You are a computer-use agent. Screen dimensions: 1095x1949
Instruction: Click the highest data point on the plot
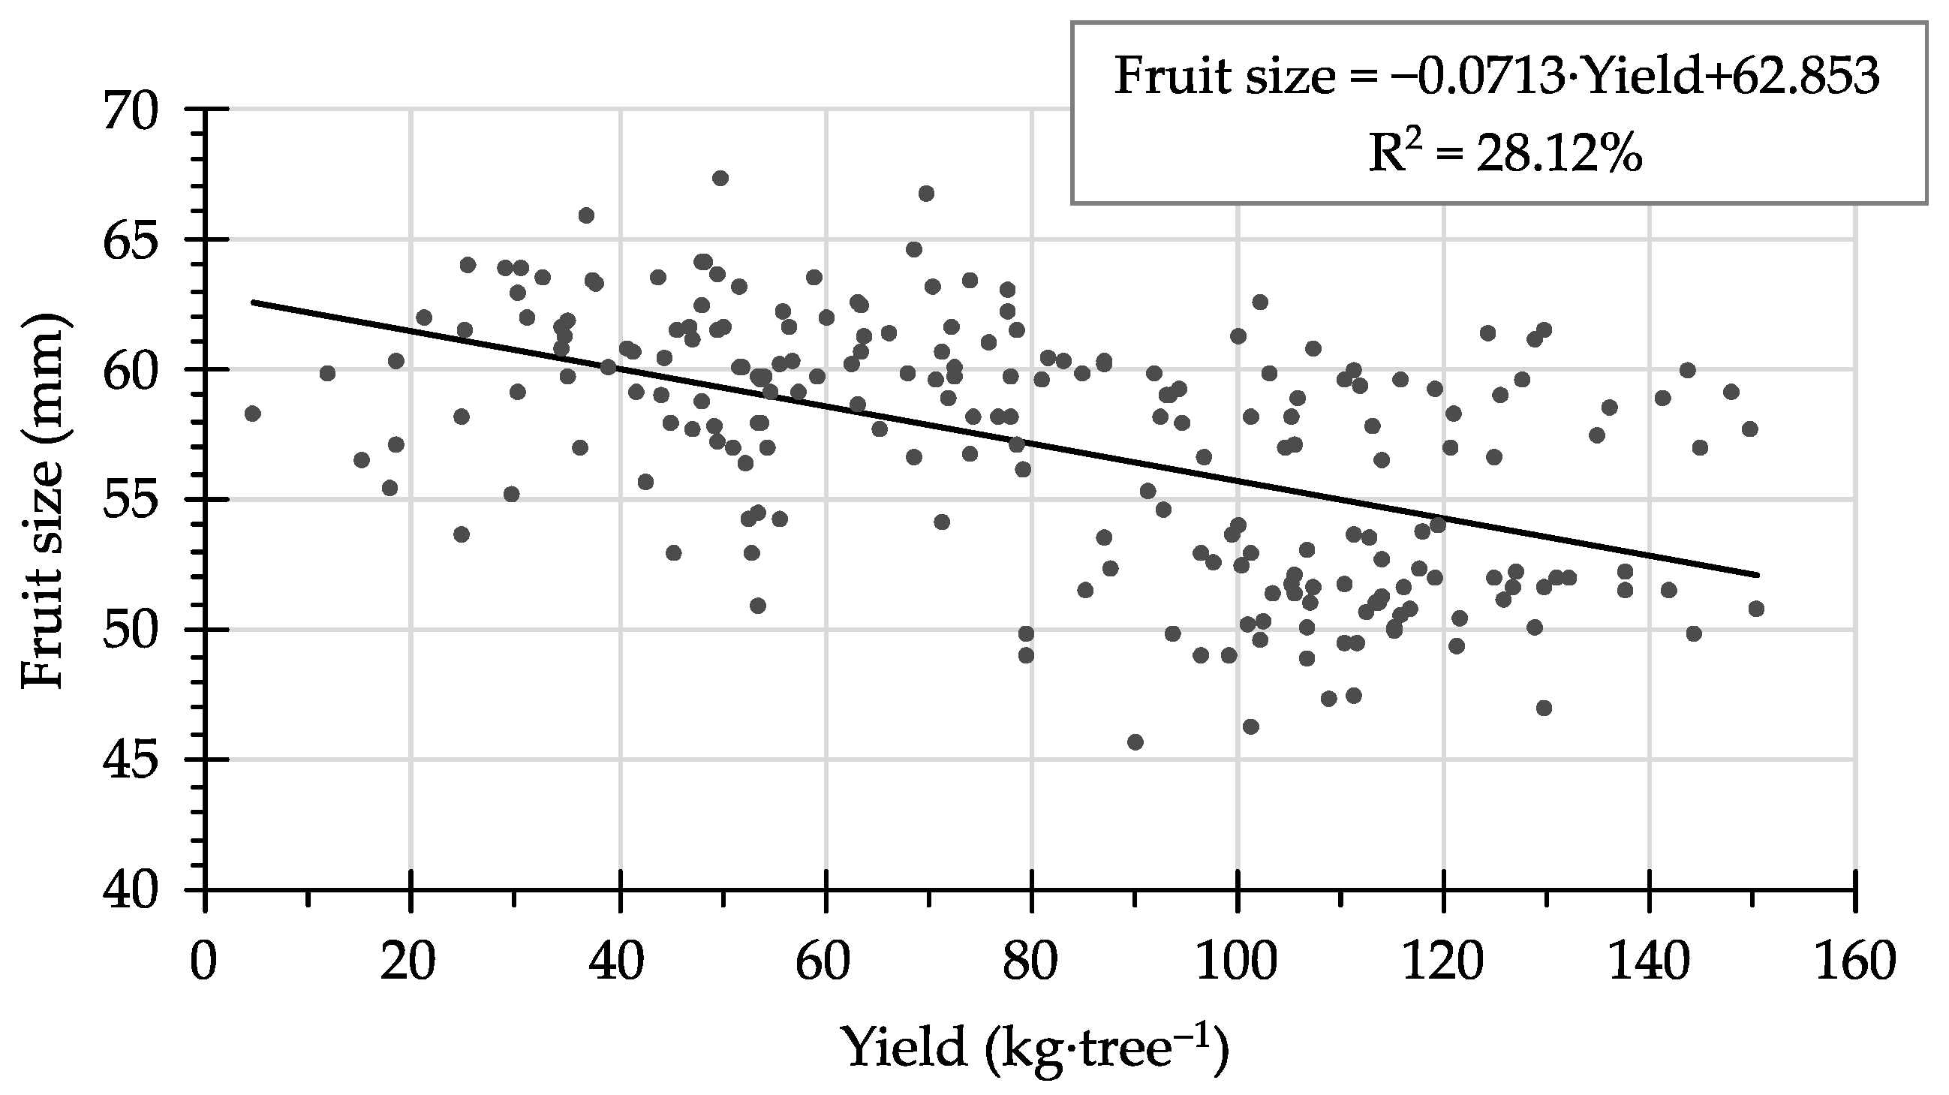720,178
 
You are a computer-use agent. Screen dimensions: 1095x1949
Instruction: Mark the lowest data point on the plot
1135,742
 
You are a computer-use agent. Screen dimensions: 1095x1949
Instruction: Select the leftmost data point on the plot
253,414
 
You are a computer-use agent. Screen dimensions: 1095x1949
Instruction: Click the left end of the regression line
253,302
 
